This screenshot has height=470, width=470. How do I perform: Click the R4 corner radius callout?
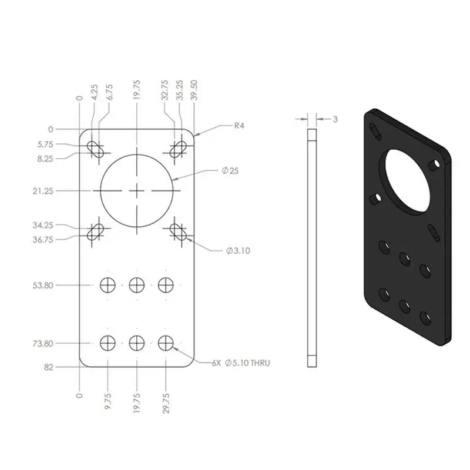239,126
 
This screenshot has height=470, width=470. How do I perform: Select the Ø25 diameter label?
230,171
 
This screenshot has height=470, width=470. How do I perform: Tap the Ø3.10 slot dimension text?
238,251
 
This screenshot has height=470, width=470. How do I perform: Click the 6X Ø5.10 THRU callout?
241,363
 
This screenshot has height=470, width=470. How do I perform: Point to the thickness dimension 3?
335,119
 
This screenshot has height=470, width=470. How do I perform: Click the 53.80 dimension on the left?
43,286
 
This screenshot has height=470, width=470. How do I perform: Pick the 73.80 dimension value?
43,344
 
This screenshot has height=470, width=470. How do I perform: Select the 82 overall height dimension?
49,367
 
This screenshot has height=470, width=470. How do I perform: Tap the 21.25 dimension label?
43,191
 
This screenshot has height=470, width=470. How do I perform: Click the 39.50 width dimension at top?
194,90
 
